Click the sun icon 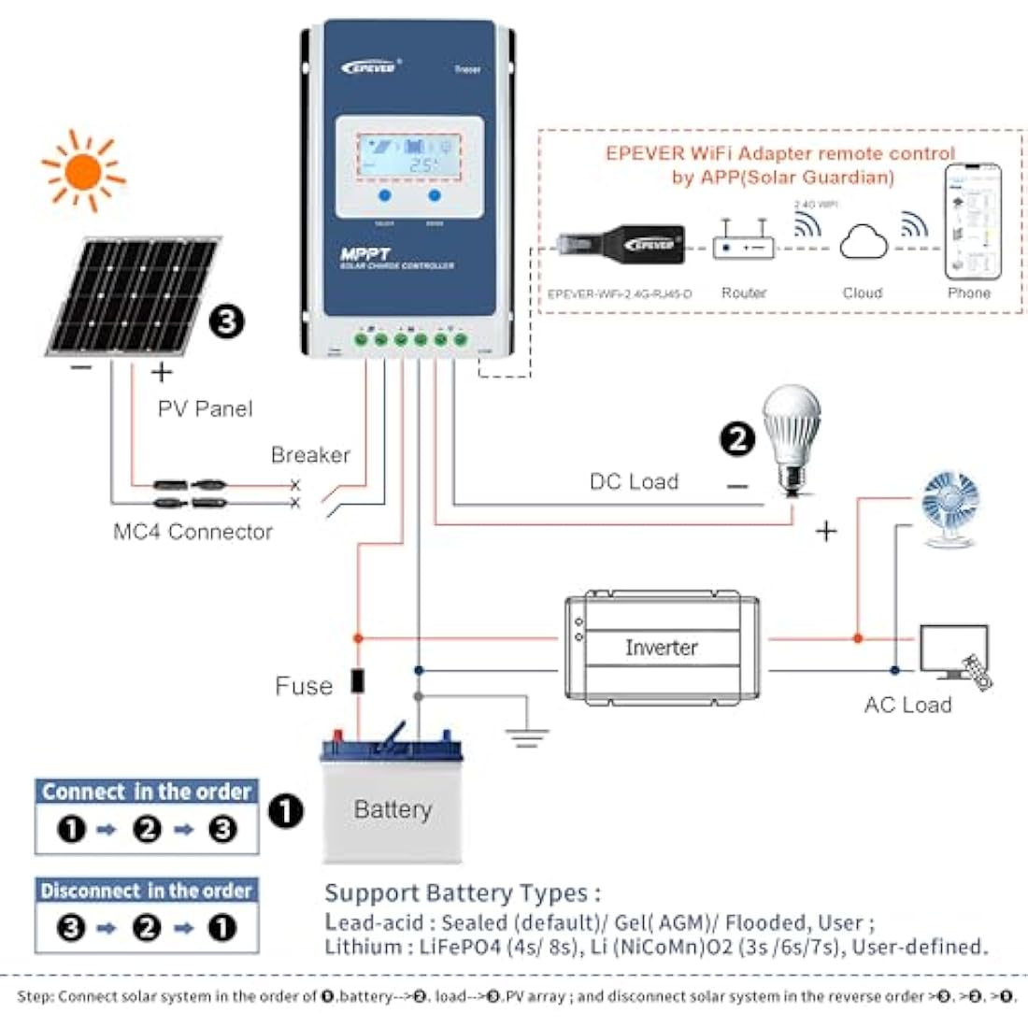coord(83,171)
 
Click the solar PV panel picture coord(134,296)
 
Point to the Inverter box coord(661,647)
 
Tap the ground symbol coord(527,734)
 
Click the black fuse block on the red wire coord(357,680)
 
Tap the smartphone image coord(971,222)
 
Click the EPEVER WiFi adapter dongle coord(621,246)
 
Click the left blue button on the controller coord(384,195)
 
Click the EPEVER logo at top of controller coord(370,66)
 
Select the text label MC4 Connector coord(193,532)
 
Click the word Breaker coord(310,455)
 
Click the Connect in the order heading coord(147,792)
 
